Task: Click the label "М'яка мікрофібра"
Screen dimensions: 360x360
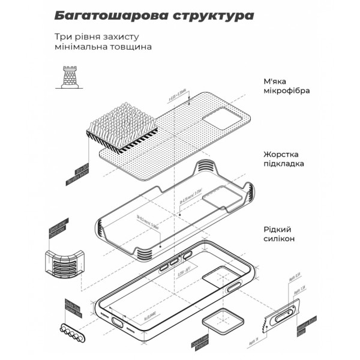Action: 287,86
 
